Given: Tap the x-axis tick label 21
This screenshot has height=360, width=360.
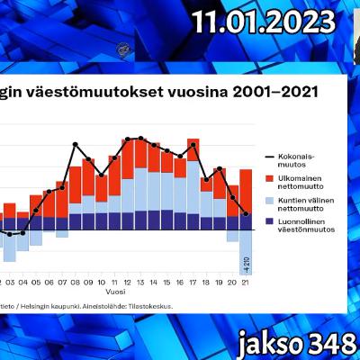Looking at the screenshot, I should click(246, 255).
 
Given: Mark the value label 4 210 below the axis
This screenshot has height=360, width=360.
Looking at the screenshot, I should click(246, 265).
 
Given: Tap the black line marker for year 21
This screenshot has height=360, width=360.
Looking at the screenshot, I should click(246, 213).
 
